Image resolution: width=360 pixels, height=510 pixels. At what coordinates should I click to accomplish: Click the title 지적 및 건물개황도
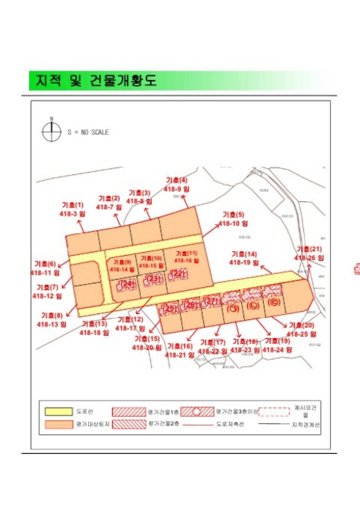coord(93,79)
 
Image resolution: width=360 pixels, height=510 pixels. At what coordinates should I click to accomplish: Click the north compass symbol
coord(52,131)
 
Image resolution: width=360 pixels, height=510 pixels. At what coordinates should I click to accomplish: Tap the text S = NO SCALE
coord(87,132)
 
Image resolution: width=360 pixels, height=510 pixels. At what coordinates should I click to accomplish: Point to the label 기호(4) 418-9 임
coord(177,184)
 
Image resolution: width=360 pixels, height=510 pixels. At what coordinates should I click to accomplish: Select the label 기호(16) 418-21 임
coord(179,350)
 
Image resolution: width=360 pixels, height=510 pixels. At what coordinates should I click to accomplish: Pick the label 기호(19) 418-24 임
coord(277,345)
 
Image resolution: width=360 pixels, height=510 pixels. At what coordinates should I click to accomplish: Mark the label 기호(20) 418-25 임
coord(301,329)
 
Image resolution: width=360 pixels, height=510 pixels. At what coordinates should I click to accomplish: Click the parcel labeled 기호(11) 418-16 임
coord(185,256)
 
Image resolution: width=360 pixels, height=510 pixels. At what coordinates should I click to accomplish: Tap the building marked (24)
coord(127,284)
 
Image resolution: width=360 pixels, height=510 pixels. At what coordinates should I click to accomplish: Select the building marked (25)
coord(170,308)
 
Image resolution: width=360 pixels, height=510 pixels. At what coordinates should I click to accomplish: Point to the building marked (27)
coord(211,302)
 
